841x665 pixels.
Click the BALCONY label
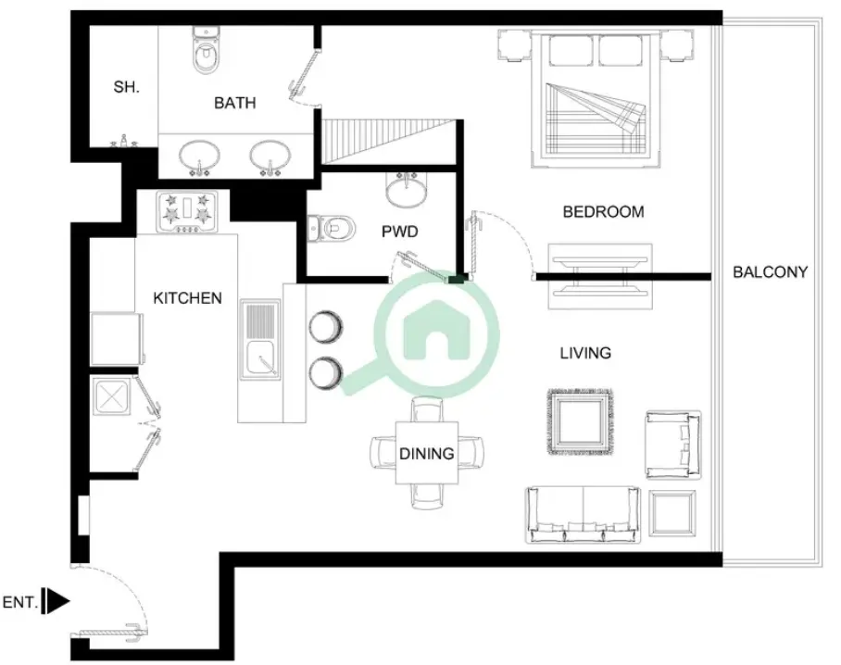(771, 272)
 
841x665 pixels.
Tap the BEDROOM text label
(603, 212)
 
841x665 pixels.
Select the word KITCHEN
(187, 298)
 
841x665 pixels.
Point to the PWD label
(399, 232)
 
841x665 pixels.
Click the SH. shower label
(126, 87)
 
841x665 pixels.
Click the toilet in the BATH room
(205, 51)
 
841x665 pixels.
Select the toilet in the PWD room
(332, 229)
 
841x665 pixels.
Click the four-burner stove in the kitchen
(187, 212)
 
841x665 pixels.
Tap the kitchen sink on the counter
(260, 340)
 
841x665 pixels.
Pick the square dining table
(427, 453)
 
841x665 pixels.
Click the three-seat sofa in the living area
(584, 515)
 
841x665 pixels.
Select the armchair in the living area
(673, 445)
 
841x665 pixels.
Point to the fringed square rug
(581, 422)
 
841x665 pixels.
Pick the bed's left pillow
(571, 50)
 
